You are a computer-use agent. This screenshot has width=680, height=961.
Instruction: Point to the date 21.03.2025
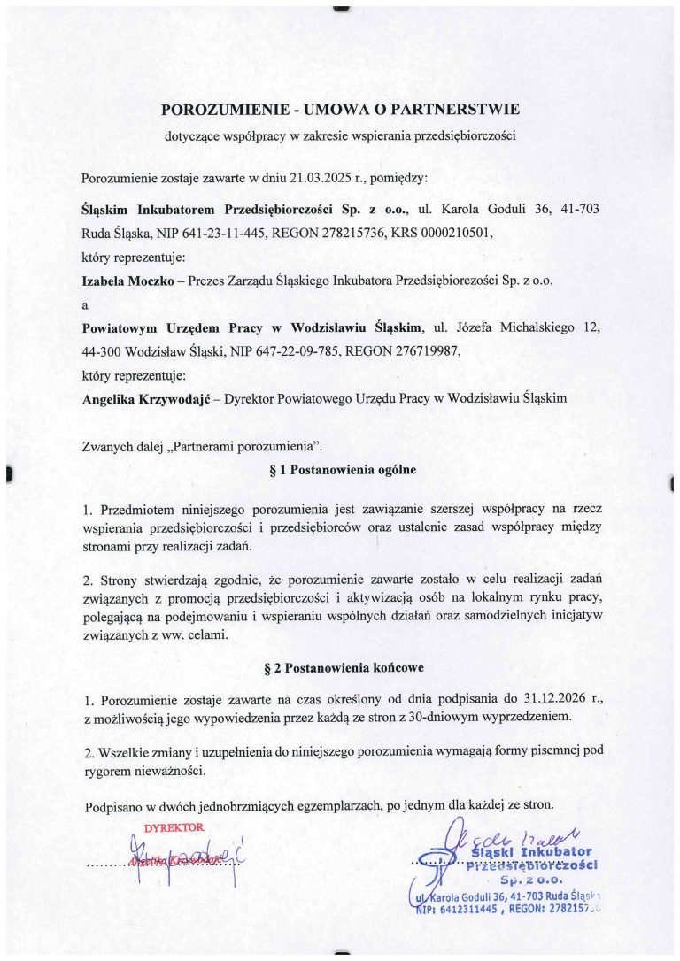click(x=320, y=177)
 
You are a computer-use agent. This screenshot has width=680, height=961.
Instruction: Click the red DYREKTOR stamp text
click(x=174, y=827)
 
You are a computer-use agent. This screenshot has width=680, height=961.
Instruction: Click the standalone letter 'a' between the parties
click(x=85, y=304)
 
